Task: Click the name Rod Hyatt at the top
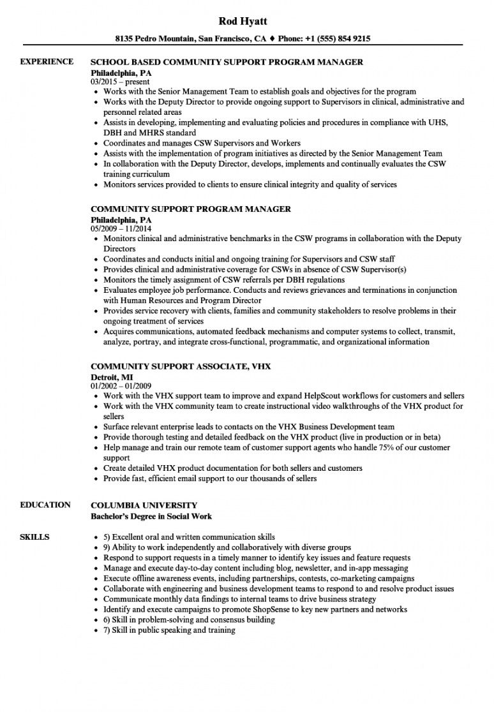(x=246, y=21)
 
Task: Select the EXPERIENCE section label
(x=47, y=62)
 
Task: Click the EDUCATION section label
(x=45, y=505)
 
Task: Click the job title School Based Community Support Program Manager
(x=227, y=63)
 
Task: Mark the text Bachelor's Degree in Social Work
(x=151, y=515)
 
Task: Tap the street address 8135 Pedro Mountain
(x=163, y=38)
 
